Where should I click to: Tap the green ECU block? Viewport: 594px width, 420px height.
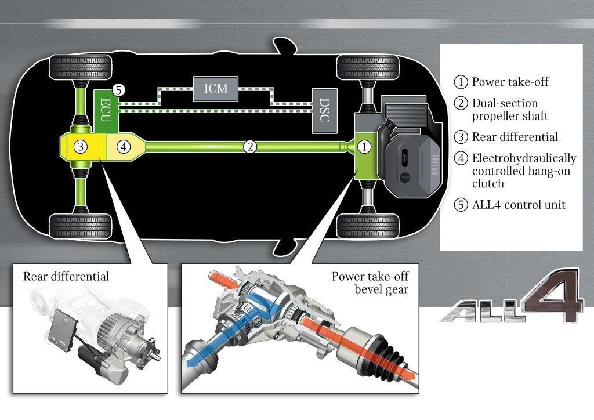point(106,108)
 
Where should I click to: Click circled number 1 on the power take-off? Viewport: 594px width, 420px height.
point(364,147)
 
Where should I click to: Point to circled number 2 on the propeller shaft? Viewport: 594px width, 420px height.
point(250,147)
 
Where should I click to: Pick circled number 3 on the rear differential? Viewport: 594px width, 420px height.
point(81,147)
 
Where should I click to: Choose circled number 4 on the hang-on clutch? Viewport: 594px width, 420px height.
point(122,147)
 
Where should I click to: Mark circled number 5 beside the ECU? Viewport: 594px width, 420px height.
point(119,90)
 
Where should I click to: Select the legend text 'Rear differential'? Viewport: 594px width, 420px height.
point(515,137)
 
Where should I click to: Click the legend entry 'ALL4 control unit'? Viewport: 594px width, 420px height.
point(518,205)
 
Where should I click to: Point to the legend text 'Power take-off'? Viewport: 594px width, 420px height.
point(510,82)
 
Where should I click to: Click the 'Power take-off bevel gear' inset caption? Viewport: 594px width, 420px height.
point(370,283)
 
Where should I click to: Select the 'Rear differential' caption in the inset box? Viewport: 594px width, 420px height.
point(66,276)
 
